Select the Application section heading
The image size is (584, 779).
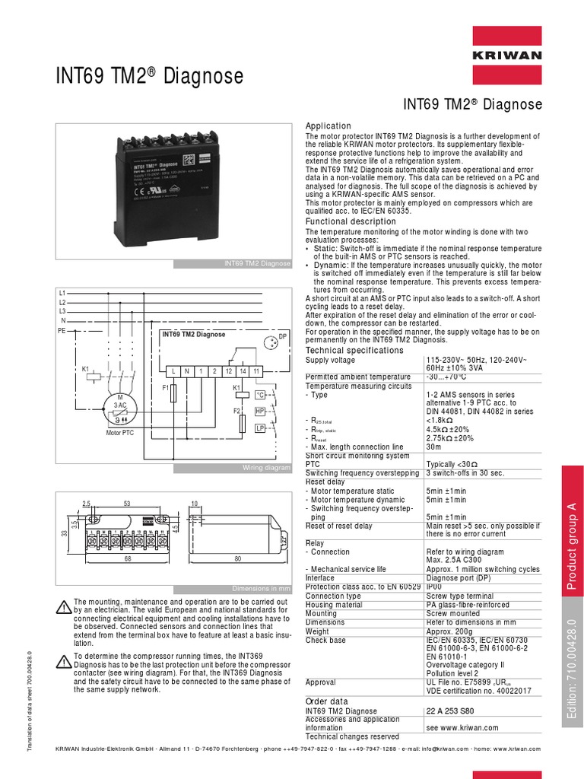pyautogui.click(x=328, y=126)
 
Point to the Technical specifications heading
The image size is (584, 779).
pyautogui.click(x=354, y=350)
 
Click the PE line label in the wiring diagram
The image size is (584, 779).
pyautogui.click(x=62, y=332)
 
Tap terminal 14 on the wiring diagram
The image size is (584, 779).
pyautogui.click(x=243, y=370)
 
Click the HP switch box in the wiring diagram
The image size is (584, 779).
pyautogui.click(x=259, y=411)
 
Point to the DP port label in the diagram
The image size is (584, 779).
pyautogui.click(x=282, y=336)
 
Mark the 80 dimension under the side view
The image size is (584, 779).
pyautogui.click(x=237, y=560)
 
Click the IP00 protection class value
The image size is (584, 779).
pyautogui.click(x=435, y=587)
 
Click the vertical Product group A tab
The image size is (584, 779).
pyautogui.click(x=573, y=545)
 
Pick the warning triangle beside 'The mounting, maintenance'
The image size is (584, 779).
pyautogui.click(x=64, y=606)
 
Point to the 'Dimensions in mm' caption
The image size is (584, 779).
pyautogui.click(x=262, y=588)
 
